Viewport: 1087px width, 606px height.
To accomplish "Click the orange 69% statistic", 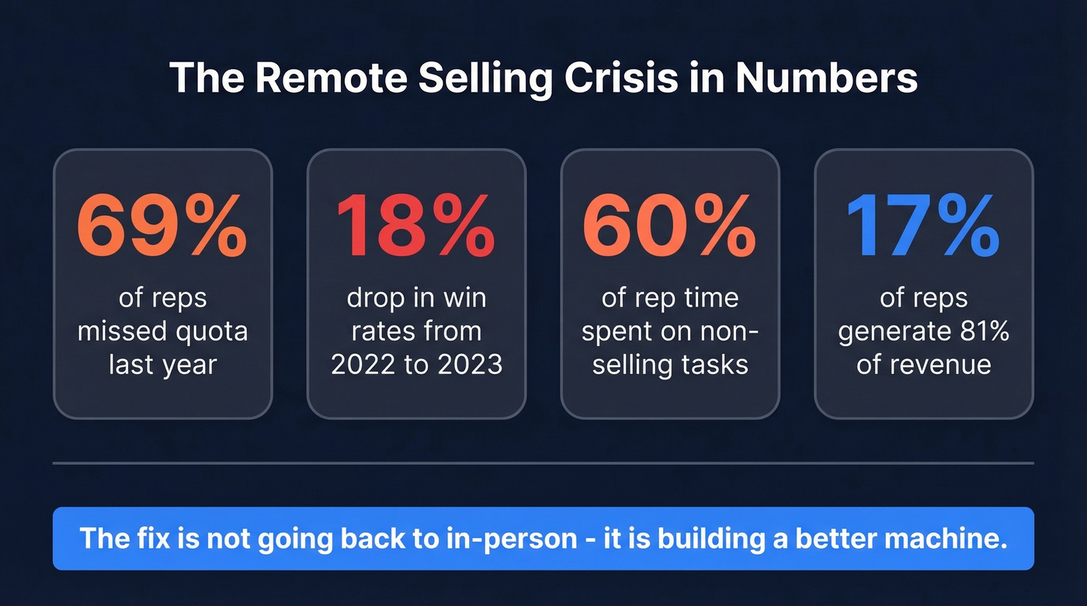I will coord(162,227).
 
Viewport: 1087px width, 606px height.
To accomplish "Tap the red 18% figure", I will coord(416,227).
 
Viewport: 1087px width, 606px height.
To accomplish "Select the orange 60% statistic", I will coord(669,227).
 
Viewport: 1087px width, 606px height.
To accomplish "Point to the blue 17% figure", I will coord(923,227).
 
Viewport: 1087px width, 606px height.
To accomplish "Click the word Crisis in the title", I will coord(612,78).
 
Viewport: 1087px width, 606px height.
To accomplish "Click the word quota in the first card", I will coord(210,331).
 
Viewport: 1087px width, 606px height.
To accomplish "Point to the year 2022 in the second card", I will coord(364,364).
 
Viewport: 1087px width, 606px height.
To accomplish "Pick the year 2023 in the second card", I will coord(469,364).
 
